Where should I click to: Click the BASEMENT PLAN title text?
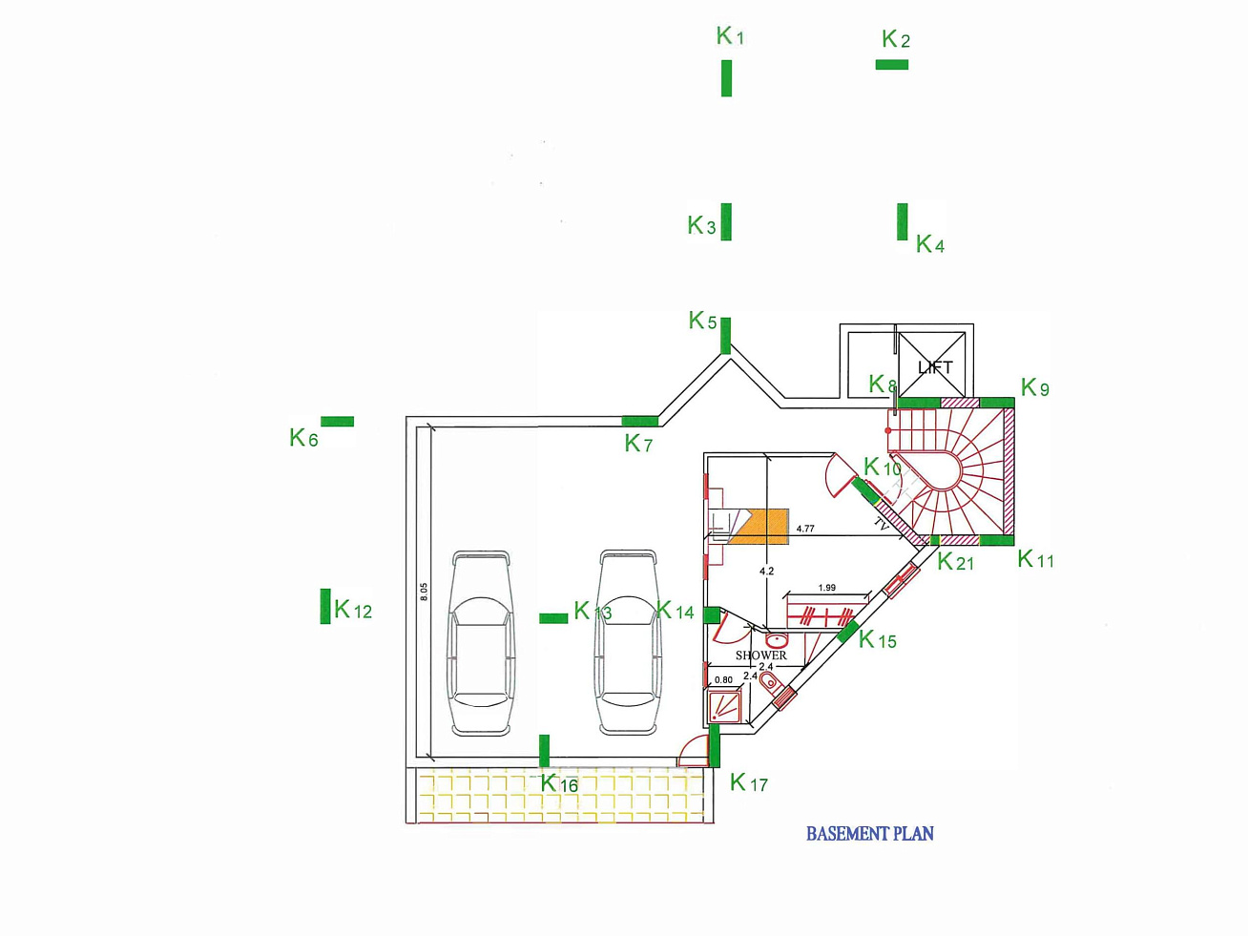(869, 834)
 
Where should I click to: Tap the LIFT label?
(935, 367)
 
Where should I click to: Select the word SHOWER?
(760, 655)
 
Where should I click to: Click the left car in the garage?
(482, 643)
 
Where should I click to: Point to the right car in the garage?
(627, 643)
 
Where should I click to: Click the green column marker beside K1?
(727, 78)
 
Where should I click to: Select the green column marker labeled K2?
(892, 65)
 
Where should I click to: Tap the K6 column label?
(304, 438)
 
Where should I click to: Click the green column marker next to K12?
(325, 606)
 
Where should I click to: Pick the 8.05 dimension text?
(424, 592)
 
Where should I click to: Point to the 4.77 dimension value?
(805, 529)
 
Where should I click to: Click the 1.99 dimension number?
(826, 588)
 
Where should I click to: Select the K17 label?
(749, 783)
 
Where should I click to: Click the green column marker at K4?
(903, 221)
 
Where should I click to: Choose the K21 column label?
(955, 562)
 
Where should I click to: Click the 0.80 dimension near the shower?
(723, 680)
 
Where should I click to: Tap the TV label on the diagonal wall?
(881, 524)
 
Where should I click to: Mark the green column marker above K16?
(545, 750)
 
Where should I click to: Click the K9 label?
(1035, 387)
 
